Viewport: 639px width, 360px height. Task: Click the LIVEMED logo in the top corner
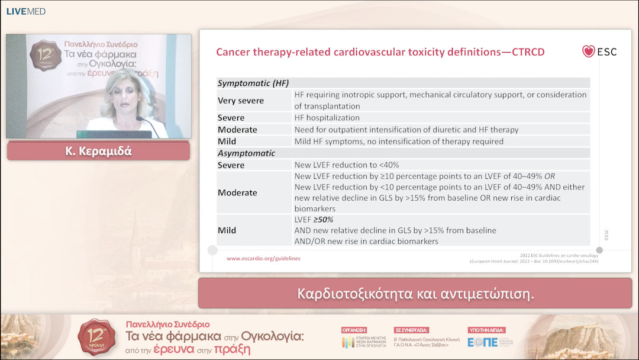click(25, 11)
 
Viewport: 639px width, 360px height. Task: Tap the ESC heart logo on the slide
click(588, 52)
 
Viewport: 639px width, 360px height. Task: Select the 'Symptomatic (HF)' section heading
click(253, 83)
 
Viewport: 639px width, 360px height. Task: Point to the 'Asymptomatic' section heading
click(246, 153)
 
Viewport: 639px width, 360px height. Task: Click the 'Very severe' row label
click(241, 101)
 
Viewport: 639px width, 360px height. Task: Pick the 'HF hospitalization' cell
click(327, 118)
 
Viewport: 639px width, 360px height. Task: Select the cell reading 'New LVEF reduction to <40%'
click(347, 165)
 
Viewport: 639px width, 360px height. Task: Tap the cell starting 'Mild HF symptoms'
click(399, 142)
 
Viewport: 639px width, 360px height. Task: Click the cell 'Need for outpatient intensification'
click(406, 130)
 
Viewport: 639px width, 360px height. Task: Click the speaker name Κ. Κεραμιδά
click(98, 152)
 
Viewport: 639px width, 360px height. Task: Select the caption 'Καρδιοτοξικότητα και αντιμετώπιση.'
click(415, 294)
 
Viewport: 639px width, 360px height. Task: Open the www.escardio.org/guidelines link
click(263, 258)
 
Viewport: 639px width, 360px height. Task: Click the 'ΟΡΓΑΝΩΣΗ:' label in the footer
click(354, 330)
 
